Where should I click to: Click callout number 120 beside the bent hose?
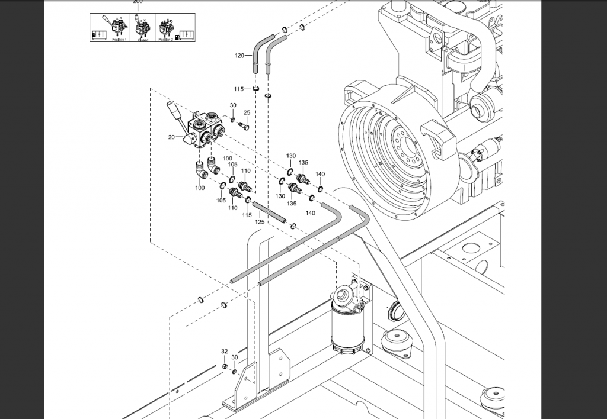click(239, 56)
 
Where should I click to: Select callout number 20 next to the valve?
click(171, 137)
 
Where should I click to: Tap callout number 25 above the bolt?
click(247, 112)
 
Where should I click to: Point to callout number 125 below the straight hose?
click(260, 222)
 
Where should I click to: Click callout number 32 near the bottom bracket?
click(225, 352)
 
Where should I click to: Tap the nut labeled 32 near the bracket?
click(226, 367)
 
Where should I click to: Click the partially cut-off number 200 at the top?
click(138, 2)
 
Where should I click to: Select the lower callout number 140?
click(310, 212)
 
